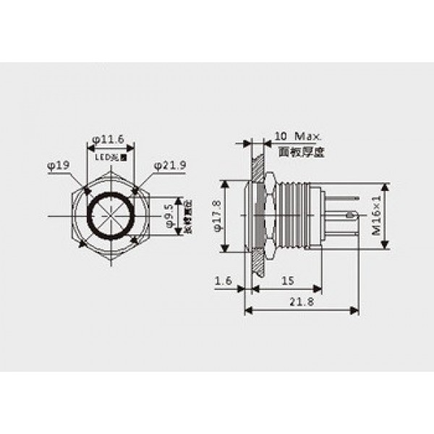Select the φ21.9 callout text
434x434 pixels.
click(171, 165)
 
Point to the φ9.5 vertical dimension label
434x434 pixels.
click(168, 215)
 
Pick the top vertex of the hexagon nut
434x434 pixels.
click(109, 171)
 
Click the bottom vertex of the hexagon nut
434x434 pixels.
click(109, 260)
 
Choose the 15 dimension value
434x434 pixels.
click(286, 279)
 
